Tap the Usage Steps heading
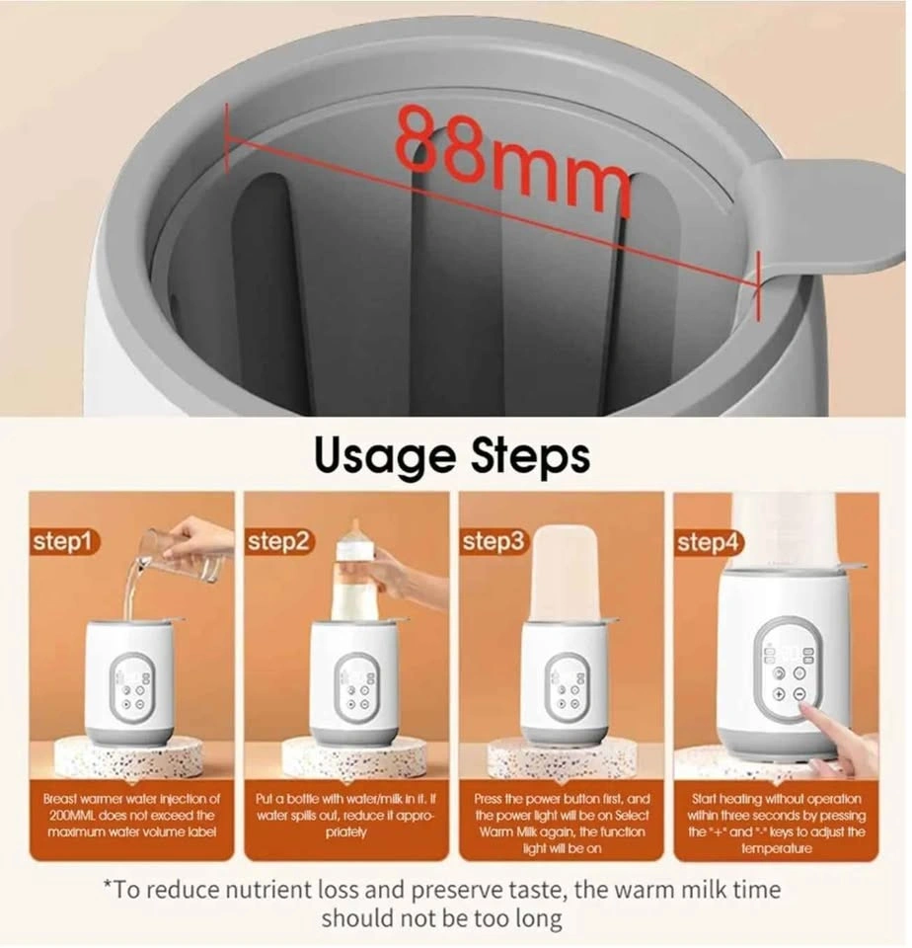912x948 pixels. point(452,457)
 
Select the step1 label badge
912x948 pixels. point(64,542)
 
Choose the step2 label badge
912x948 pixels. point(279,542)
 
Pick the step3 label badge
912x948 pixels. point(494,542)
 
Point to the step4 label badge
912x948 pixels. point(709,542)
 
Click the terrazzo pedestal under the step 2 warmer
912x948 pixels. point(346,757)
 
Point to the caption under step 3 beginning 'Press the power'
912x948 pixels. point(562,823)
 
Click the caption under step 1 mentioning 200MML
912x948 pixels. point(131,815)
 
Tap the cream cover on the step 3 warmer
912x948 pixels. point(561,573)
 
